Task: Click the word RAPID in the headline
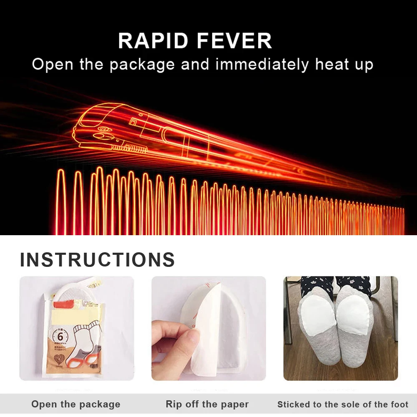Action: (x=154, y=41)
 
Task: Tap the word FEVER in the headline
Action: (x=234, y=41)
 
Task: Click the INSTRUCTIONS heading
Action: (x=97, y=260)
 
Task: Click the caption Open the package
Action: (x=76, y=404)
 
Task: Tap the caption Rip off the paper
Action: (x=207, y=404)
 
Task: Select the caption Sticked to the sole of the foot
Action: (x=343, y=404)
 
